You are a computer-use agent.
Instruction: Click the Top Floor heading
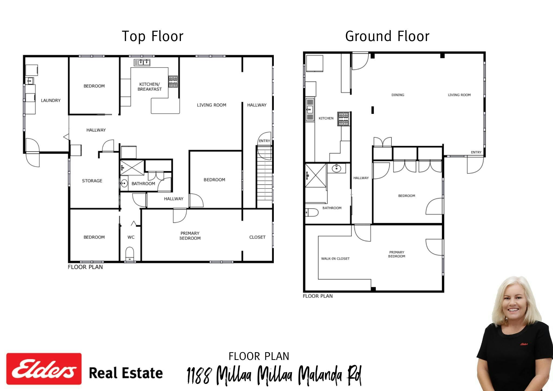(x=153, y=36)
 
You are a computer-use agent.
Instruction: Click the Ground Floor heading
(x=387, y=36)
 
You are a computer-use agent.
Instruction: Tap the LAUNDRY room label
(x=51, y=100)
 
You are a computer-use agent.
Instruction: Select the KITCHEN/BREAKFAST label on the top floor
(x=150, y=87)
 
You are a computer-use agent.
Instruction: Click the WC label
(x=131, y=237)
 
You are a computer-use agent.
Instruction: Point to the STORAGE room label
(x=92, y=181)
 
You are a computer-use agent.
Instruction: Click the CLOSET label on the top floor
(x=257, y=237)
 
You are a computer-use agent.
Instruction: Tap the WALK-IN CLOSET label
(x=335, y=259)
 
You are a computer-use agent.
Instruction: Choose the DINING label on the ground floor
(x=398, y=95)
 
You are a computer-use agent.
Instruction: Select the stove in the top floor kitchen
(x=173, y=82)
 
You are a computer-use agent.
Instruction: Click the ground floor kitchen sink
(x=310, y=109)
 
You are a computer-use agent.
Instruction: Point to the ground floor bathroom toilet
(x=312, y=212)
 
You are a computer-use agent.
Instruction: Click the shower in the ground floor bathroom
(x=316, y=176)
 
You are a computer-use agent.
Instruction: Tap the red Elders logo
(x=44, y=369)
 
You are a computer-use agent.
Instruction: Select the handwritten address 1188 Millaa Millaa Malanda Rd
(x=274, y=375)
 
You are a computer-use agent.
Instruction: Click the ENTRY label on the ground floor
(x=476, y=152)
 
